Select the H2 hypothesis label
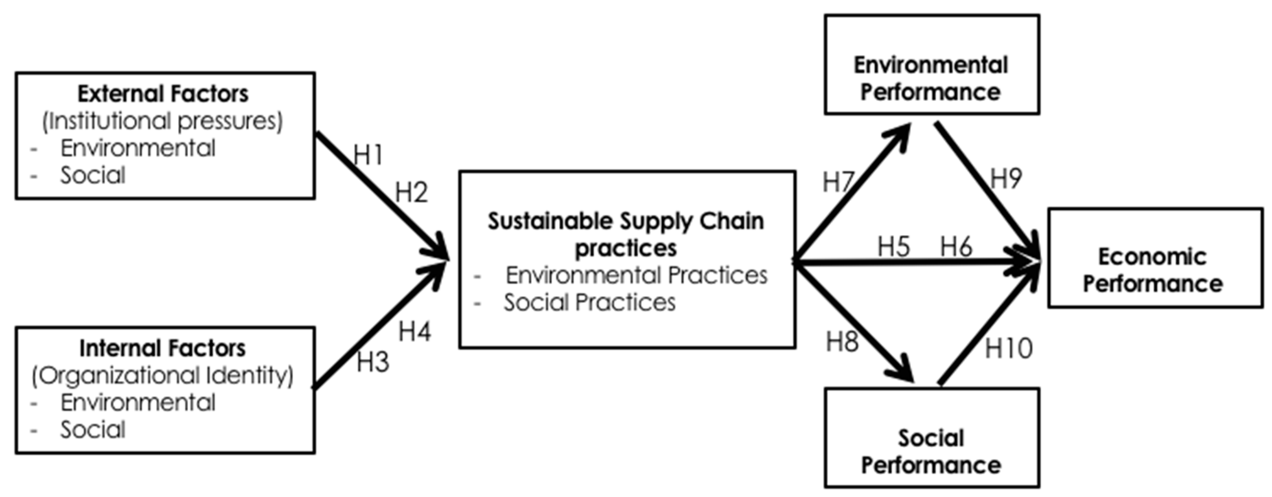[412, 192]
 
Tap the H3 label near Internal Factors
[373, 362]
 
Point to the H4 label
[415, 331]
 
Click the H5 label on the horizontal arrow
[893, 246]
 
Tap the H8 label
[842, 341]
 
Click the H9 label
[1006, 178]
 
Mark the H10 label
[1008, 348]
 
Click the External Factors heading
[163, 94]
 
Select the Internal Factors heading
[162, 348]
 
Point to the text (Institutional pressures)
[162, 121]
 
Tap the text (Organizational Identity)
[162, 376]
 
